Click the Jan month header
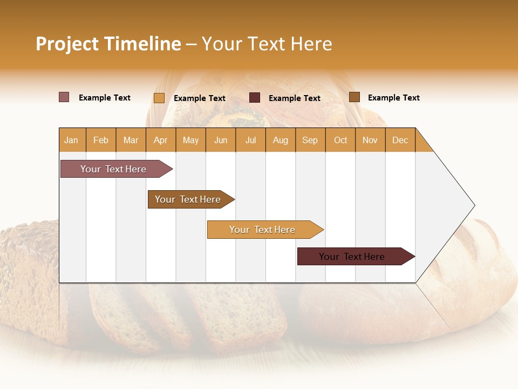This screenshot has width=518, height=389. pos(72,140)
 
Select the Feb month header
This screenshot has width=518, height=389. pos(101,140)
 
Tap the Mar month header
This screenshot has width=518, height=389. pos(131,140)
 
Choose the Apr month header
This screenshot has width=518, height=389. pos(161,140)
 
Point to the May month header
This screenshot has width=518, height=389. pos(190,140)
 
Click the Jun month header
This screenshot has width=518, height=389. pos(221,140)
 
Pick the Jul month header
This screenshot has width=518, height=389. pos(250,140)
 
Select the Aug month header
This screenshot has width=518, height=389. pos(281,140)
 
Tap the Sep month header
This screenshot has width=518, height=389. pos(310,140)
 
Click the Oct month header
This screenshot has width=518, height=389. pos(340,140)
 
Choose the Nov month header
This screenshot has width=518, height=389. pos(370,140)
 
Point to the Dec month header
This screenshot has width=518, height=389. pos(400,140)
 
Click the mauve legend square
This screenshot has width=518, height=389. pos(64,97)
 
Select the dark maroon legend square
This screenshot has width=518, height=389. pos(255,98)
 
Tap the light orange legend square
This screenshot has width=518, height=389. pos(159,98)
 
